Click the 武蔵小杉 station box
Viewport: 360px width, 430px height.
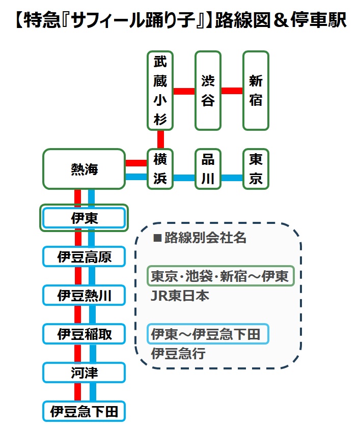click(160, 91)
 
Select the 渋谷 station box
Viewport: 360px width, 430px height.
click(208, 91)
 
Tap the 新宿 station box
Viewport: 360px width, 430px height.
click(256, 91)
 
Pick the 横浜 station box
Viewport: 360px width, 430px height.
click(160, 169)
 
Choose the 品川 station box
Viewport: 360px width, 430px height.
click(208, 169)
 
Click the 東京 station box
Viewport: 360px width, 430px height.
click(256, 169)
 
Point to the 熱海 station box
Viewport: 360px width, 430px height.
click(84, 169)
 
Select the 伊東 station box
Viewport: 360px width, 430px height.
click(84, 218)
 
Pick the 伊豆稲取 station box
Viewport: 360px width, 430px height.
click(84, 334)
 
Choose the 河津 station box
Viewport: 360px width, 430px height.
click(84, 373)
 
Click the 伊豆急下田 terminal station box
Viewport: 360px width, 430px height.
click(84, 411)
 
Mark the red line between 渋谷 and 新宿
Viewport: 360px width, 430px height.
click(232, 91)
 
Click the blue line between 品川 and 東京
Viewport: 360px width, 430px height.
click(232, 178)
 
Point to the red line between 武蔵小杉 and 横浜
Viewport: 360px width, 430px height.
click(160, 139)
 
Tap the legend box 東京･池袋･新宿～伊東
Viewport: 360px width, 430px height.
click(220, 276)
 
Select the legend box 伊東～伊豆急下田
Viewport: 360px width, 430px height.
click(208, 334)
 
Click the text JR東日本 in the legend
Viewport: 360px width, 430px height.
click(180, 296)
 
